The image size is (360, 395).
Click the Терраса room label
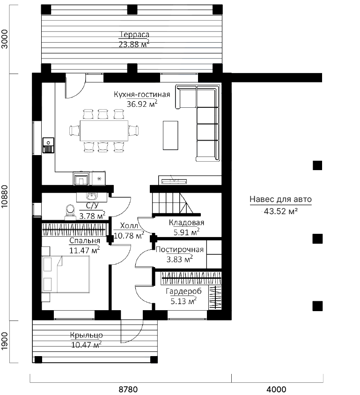pos(134,35)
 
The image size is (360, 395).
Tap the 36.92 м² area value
pos(142,104)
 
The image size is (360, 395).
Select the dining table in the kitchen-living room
pos(104,130)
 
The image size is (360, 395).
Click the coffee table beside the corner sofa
pos(170,135)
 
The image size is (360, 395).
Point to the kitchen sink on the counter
pos(48,145)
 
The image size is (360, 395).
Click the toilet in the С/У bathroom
pos(70,213)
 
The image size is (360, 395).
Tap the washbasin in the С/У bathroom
pos(92,196)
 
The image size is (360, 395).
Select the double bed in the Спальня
pos(66,274)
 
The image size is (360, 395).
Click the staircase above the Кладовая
pos(176,203)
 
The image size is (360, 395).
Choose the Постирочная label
pos(179,249)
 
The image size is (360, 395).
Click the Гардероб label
pos(184,291)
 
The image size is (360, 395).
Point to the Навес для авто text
pos(281,199)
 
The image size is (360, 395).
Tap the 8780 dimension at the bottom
pos(128,389)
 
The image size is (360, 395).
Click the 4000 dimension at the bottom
pos(276,389)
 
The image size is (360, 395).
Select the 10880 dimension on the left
pos(5,196)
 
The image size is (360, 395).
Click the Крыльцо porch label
pos(86,335)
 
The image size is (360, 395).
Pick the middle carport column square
pos(317,238)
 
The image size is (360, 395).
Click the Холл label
pos(129,225)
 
